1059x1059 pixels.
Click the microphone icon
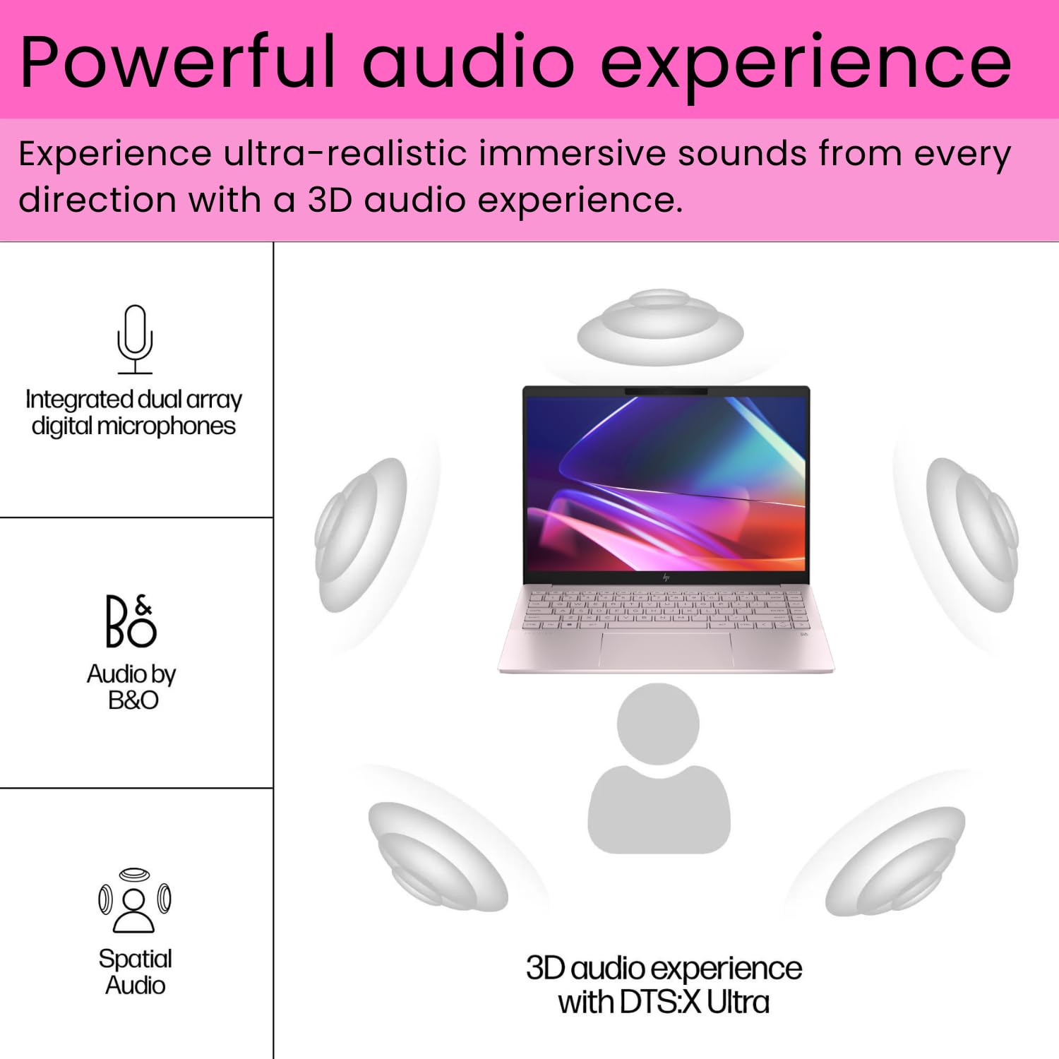click(135, 338)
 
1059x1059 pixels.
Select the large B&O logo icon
click(131, 621)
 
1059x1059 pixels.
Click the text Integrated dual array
click(133, 400)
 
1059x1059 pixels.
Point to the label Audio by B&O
click(132, 687)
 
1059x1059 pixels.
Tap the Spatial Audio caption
click(135, 971)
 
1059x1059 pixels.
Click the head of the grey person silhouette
click(658, 723)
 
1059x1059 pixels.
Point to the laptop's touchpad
click(666, 649)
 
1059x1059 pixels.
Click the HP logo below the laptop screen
click(666, 578)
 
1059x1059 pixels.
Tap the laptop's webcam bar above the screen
click(666, 391)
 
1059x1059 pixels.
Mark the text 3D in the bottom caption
click(545, 968)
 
